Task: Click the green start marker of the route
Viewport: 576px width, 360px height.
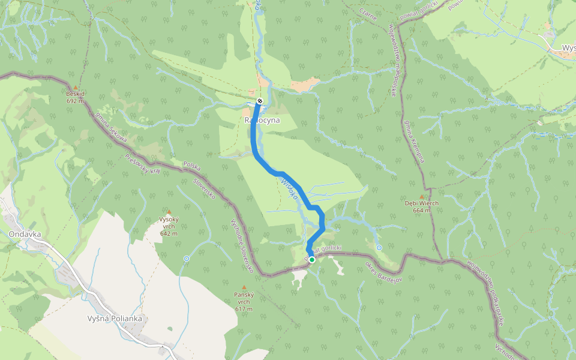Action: click(x=312, y=260)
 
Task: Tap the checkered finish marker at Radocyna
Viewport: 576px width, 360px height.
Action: click(x=259, y=101)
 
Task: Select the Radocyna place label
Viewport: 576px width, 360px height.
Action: click(x=262, y=120)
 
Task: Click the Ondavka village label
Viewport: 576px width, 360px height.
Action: click(x=25, y=234)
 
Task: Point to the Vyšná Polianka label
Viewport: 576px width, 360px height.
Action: click(x=114, y=319)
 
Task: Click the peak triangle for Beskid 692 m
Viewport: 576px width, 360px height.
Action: click(x=76, y=88)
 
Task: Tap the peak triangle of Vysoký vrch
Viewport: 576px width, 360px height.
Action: click(x=169, y=212)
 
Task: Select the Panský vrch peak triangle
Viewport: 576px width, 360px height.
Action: click(x=244, y=287)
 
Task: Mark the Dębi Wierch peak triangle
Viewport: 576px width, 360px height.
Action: click(x=421, y=196)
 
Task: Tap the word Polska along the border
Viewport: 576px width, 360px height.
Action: click(x=192, y=166)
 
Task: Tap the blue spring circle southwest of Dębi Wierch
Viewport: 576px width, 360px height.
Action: click(x=379, y=248)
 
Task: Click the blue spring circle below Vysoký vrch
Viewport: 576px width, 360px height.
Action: click(x=187, y=259)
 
